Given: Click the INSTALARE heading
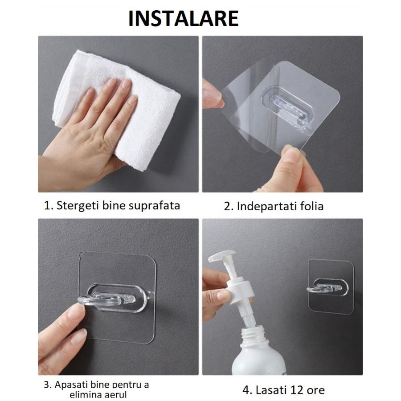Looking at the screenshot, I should pyautogui.click(x=183, y=19).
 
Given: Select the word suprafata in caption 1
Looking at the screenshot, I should pyautogui.click(x=154, y=206).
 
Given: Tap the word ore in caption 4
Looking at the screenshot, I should pyautogui.click(x=315, y=390).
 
